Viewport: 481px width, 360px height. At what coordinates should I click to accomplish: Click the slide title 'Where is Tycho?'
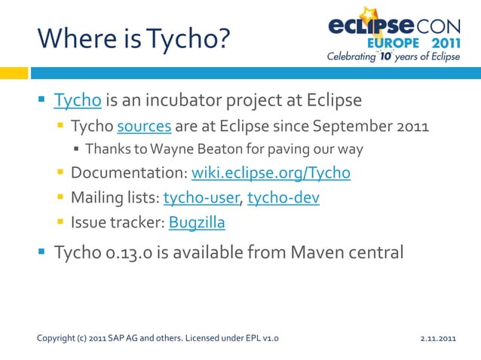[133, 37]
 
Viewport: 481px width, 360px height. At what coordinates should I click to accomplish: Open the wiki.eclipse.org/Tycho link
[271, 173]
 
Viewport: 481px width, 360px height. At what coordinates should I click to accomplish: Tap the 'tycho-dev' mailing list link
[283, 198]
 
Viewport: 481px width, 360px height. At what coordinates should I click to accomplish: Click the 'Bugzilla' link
[197, 223]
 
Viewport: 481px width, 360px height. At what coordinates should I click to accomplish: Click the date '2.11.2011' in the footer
[439, 338]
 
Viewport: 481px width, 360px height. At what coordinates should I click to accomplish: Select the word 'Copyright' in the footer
[54, 338]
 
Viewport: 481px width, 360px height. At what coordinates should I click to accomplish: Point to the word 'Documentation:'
[129, 173]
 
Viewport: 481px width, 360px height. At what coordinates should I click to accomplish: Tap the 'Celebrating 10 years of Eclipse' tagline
[392, 56]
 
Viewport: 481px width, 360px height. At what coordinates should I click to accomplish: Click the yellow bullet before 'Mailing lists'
[60, 198]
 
